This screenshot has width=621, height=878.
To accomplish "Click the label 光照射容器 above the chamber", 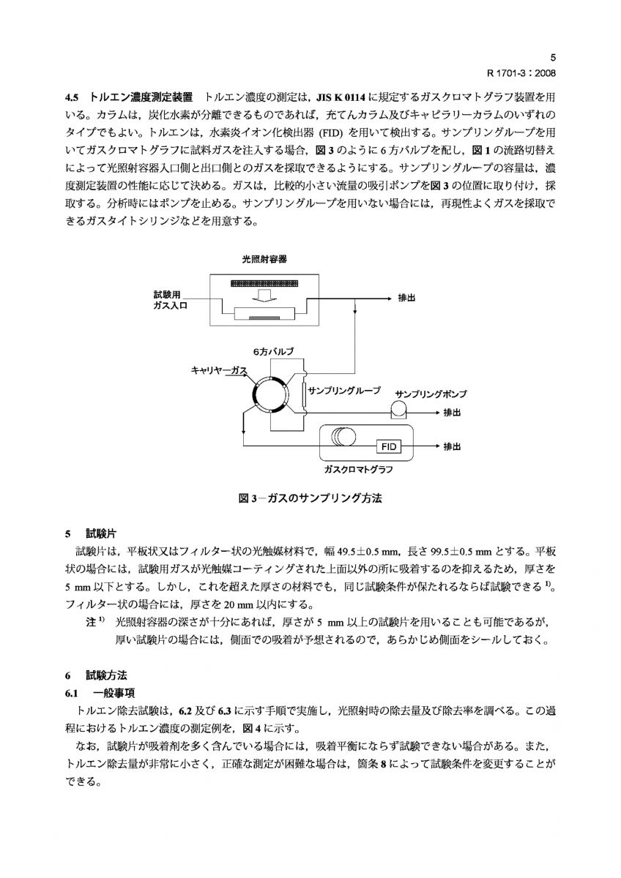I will [x=264, y=260].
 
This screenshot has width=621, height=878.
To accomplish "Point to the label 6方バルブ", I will [x=273, y=352].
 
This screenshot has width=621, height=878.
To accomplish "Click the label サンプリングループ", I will [x=344, y=391].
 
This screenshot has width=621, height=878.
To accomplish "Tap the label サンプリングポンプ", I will [x=431, y=394].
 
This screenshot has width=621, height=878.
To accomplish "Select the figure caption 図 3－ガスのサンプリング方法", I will [x=310, y=498].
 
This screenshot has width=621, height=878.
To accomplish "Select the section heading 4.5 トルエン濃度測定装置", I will [x=129, y=97].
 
